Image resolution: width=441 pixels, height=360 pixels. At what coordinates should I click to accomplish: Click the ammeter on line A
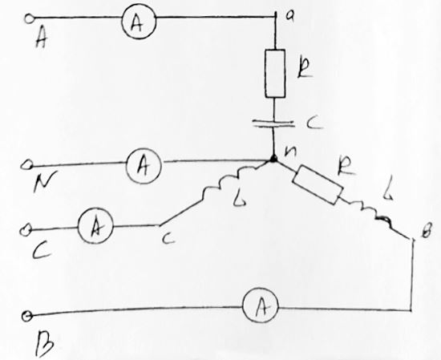pyautogui.click(x=139, y=22)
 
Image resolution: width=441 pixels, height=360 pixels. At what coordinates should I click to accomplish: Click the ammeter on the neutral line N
pyautogui.click(x=144, y=166)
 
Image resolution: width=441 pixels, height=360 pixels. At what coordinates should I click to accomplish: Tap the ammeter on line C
pyautogui.click(x=95, y=225)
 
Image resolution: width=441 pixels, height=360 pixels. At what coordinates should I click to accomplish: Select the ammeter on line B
pyautogui.click(x=261, y=305)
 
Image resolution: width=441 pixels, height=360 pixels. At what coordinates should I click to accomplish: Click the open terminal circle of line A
pyautogui.click(x=29, y=19)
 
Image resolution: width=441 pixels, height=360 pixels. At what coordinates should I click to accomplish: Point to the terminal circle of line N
pyautogui.click(x=26, y=165)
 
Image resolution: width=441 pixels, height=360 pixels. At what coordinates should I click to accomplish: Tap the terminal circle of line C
pyautogui.click(x=25, y=231)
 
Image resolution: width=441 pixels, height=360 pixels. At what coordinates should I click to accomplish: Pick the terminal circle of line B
pyautogui.click(x=27, y=316)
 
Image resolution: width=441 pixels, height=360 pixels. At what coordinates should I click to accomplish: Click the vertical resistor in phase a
pyautogui.click(x=275, y=74)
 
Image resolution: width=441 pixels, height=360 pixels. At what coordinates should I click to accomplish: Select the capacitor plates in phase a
pyautogui.click(x=273, y=123)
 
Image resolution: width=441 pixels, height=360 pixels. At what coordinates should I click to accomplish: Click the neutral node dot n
pyautogui.click(x=273, y=160)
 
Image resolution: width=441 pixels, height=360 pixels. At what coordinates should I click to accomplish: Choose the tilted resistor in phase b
pyautogui.click(x=318, y=184)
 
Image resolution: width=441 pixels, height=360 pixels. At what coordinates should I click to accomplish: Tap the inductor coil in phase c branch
pyautogui.click(x=229, y=182)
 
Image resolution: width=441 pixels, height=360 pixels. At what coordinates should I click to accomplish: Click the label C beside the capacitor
pyautogui.click(x=314, y=123)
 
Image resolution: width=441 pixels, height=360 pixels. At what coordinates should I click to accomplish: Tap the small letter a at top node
pyautogui.click(x=289, y=16)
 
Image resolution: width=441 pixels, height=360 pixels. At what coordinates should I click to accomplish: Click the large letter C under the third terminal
pyautogui.click(x=42, y=250)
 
